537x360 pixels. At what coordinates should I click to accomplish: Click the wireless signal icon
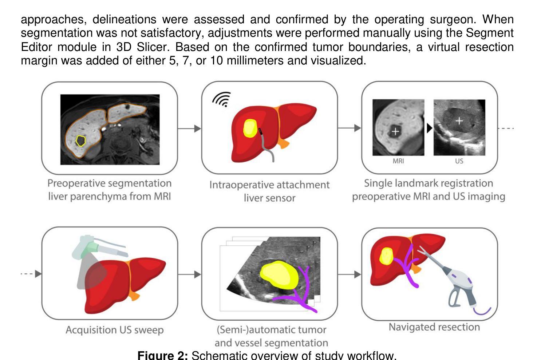coord(221,99)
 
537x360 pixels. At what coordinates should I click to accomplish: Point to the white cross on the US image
coord(459,120)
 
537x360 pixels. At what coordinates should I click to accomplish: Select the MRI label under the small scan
coord(398,161)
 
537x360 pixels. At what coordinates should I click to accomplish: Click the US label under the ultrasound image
coord(459,161)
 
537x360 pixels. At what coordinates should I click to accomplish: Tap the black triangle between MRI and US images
coord(429,128)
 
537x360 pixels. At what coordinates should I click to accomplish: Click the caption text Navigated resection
coord(434,327)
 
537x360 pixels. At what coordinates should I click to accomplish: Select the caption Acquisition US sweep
coord(115,330)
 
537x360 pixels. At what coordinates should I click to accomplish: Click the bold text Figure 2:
coord(162,355)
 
